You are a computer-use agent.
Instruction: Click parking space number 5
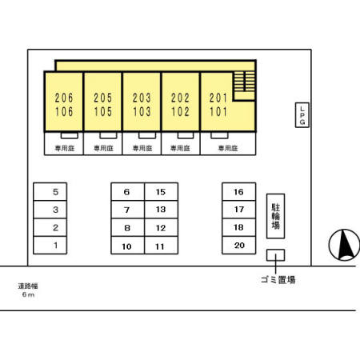(x=50, y=191)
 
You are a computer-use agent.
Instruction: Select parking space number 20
(x=239, y=245)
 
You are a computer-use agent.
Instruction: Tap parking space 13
(x=161, y=210)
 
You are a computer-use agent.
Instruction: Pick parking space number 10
(x=128, y=245)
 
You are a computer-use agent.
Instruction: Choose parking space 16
(x=239, y=191)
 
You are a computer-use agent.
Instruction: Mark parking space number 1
(x=50, y=245)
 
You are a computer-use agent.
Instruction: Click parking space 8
(x=128, y=227)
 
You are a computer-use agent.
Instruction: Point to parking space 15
(x=161, y=191)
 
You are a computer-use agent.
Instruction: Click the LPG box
(x=302, y=115)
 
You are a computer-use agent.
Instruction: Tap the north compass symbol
(x=344, y=245)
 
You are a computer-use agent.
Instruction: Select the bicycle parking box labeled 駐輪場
(x=276, y=216)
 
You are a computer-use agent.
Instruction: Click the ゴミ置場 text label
(x=278, y=280)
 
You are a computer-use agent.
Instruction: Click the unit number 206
(x=64, y=98)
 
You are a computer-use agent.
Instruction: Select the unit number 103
(x=142, y=111)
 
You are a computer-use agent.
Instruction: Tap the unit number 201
(x=218, y=98)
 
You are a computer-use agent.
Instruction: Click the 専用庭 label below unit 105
(x=103, y=148)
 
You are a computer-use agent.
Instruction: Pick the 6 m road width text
(x=28, y=294)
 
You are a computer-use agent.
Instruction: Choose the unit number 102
(x=180, y=111)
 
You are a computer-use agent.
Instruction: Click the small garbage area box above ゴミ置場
(x=276, y=255)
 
